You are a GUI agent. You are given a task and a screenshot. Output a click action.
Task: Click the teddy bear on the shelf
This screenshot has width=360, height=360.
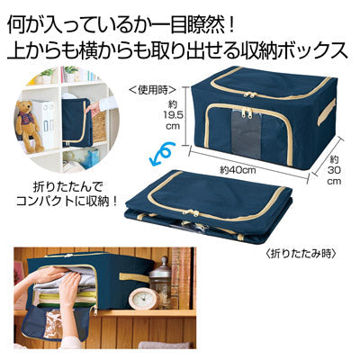pyautogui.click(x=30, y=125)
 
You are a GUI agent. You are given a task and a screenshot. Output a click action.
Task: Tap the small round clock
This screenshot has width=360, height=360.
pyautogui.click(x=144, y=298)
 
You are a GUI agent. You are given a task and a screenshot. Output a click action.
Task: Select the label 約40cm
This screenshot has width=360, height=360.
pyautogui.click(x=238, y=170)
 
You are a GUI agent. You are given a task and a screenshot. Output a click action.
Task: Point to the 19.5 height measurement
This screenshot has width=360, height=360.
pyautogui.click(x=172, y=115)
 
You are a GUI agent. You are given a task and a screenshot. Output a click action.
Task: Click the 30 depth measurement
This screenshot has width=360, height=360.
pyautogui.click(x=334, y=170)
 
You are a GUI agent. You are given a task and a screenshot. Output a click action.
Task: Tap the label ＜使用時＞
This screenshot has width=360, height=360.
pyautogui.click(x=152, y=90)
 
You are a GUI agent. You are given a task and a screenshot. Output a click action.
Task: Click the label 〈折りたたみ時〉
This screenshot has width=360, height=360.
pyautogui.click(x=300, y=255)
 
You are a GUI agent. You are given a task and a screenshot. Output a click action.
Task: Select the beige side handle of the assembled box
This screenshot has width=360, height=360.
pyautogui.click(x=326, y=112)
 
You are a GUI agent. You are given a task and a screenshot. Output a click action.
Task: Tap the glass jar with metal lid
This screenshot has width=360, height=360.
pyautogui.click(x=160, y=280)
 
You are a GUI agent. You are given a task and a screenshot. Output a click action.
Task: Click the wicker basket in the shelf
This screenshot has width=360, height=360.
pyautogui.click(x=100, y=127)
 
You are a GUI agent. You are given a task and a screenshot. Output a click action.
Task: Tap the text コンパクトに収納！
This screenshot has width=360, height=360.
pyautogui.click(x=66, y=201)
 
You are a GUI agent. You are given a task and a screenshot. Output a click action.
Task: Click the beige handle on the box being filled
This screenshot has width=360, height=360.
pyautogui.click(x=133, y=277)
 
